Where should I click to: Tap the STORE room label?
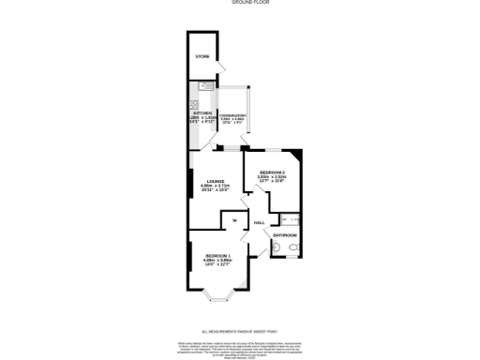[202, 58]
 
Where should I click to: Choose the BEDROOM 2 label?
[272, 172]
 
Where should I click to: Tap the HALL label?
[259, 223]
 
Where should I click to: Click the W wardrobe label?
[234, 220]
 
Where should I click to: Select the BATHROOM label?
[285, 234]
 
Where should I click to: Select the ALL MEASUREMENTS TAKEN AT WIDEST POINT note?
[241, 331]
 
